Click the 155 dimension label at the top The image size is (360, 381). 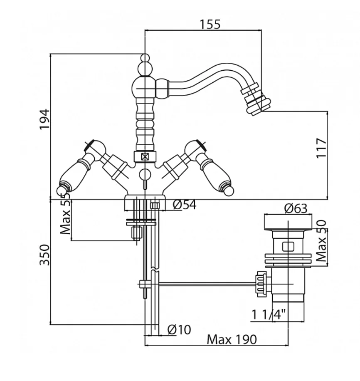(x=209, y=24)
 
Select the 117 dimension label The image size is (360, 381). (x=321, y=147)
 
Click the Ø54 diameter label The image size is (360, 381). (x=184, y=205)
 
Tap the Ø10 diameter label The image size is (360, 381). (x=179, y=329)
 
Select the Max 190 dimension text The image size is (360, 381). (x=232, y=339)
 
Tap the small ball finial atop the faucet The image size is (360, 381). (x=145, y=58)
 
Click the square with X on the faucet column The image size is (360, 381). (x=145, y=157)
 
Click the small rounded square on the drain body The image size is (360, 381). (x=286, y=246)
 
